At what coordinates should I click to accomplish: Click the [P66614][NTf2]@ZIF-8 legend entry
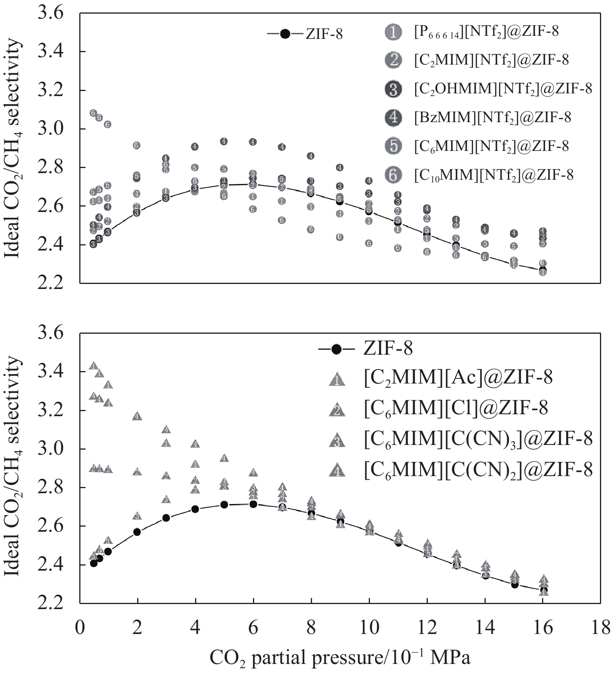pos(486,31)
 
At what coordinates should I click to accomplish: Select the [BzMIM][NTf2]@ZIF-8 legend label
pos(492,117)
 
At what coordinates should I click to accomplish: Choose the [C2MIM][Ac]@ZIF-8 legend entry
pos(458,377)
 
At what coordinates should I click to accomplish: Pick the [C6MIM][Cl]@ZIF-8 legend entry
pos(456,408)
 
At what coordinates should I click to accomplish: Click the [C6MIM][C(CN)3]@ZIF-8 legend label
pos(478,439)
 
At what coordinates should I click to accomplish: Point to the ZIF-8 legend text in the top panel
pos(324,34)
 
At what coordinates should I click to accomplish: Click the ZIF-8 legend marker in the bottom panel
pos(337,349)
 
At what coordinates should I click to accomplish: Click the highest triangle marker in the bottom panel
pos(93,366)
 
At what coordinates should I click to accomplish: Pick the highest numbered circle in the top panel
pos(93,113)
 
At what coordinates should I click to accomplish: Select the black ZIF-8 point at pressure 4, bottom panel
pos(195,509)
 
